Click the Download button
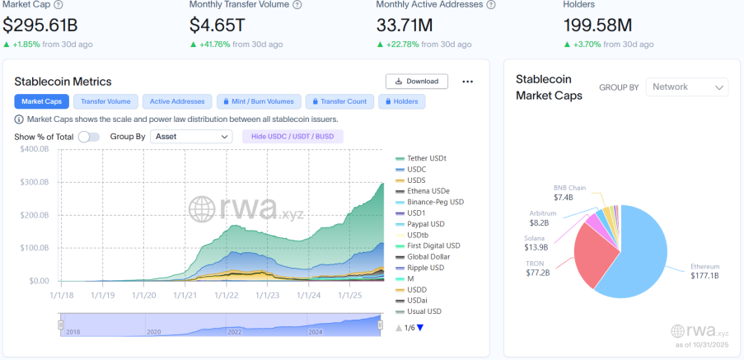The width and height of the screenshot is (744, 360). click(x=417, y=82)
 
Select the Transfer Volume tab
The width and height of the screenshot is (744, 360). click(x=106, y=101)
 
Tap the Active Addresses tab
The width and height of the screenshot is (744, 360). click(x=177, y=101)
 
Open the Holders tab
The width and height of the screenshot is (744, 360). click(x=401, y=101)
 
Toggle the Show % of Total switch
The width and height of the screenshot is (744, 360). click(x=88, y=137)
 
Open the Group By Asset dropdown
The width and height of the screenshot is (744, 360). click(x=192, y=137)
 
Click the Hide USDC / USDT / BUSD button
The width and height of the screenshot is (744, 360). click(x=292, y=137)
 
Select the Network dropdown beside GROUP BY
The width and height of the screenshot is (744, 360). click(x=687, y=87)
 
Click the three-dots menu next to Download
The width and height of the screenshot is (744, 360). click(x=468, y=82)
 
